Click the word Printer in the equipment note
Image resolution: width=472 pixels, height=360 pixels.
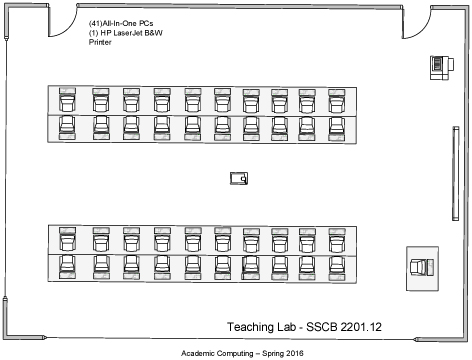coord(102,43)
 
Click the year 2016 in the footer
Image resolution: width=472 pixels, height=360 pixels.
coord(292,353)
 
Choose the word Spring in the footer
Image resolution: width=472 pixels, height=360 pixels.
coord(267,353)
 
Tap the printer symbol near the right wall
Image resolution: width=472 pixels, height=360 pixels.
coord(438,65)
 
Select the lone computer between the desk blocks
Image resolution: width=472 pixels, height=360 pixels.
coord(238,178)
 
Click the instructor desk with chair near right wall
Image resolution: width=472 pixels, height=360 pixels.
coord(421,267)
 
